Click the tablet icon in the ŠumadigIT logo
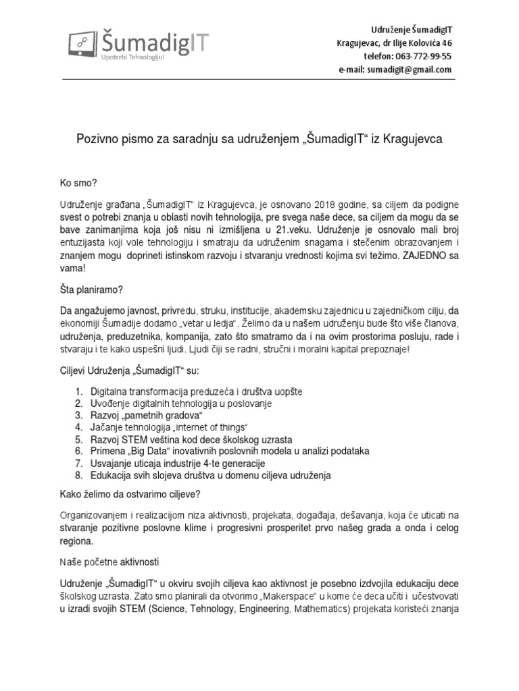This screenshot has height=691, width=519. point(84,44)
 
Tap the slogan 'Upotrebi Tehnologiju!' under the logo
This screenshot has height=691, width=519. point(132,57)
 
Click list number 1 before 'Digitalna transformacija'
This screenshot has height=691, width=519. point(78,391)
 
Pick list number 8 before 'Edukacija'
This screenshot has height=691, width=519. point(78,475)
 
